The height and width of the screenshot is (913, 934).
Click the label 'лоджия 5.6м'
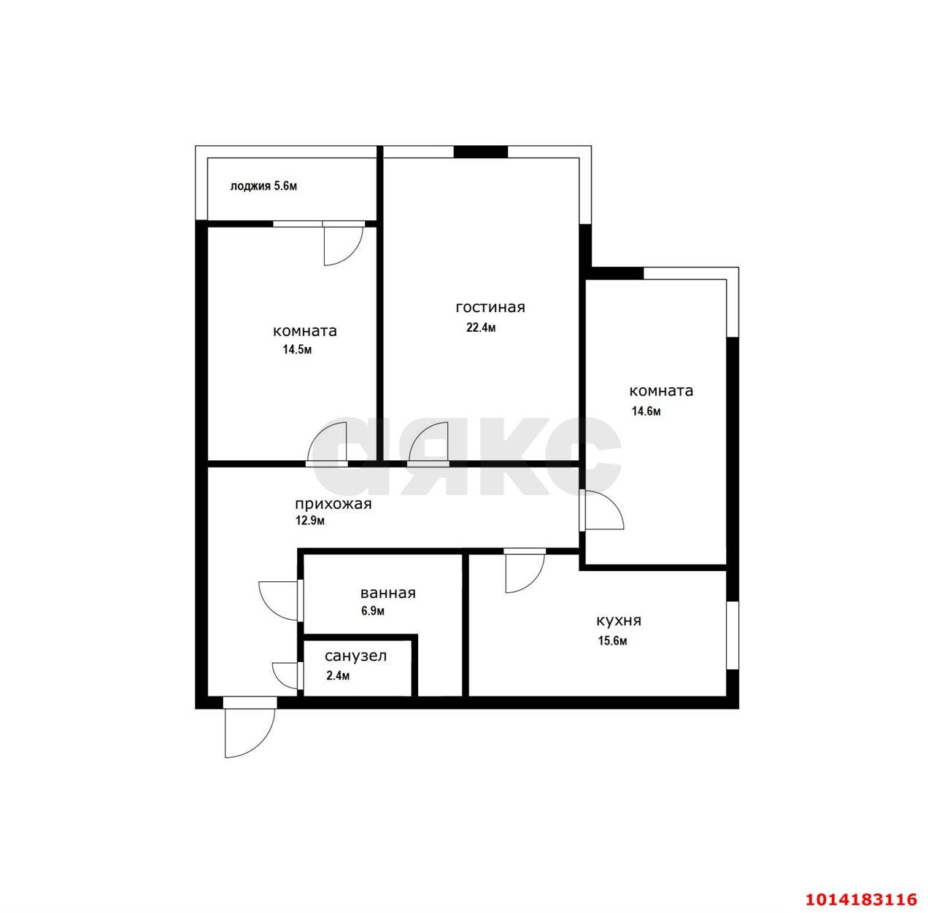(263, 186)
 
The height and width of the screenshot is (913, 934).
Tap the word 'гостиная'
(490, 307)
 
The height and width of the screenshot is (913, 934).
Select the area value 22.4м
(481, 327)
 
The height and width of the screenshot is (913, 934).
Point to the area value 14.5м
(298, 349)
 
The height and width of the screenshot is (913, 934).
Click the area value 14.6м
(646, 411)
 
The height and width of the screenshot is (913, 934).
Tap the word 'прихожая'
(333, 504)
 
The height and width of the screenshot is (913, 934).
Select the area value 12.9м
(309, 521)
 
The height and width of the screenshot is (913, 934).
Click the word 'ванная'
(387, 593)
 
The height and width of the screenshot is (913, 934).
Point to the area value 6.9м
(372, 611)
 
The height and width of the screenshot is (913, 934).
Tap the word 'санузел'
(356, 656)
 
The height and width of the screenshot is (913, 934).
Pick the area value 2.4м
(338, 675)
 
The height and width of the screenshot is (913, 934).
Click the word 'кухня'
(619, 621)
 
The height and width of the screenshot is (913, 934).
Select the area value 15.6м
(612, 641)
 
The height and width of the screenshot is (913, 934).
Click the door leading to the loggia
(342, 244)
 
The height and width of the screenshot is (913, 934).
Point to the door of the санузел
(287, 675)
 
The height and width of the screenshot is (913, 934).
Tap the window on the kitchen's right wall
(732, 634)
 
